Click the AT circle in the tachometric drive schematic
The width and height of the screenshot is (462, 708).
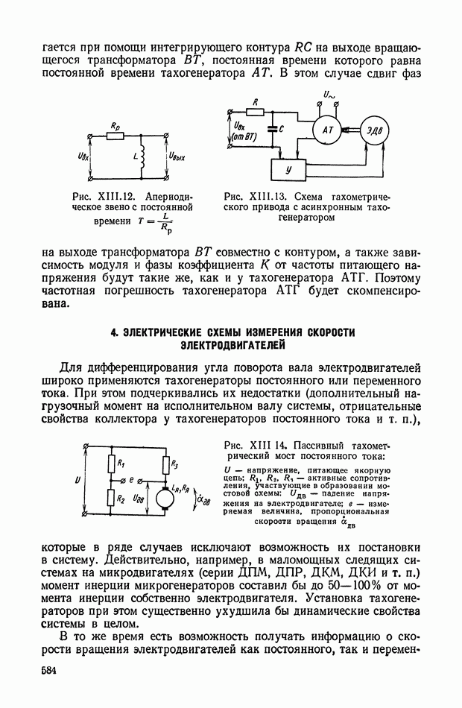point(327,130)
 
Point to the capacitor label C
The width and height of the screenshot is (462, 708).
point(281,129)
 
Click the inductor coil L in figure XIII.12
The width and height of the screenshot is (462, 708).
point(142,158)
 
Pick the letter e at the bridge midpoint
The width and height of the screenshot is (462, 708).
point(130,481)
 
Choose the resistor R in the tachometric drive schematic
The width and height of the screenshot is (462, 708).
point(255,112)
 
